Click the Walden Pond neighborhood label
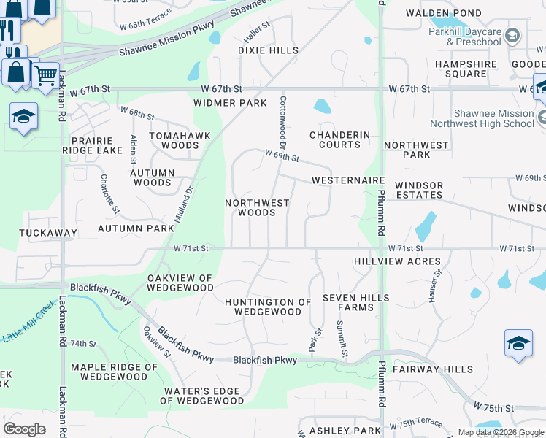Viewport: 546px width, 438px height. click(444, 13)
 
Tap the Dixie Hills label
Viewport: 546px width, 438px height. click(268, 50)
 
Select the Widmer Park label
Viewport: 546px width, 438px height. click(230, 103)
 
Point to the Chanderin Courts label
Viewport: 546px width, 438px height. click(339, 139)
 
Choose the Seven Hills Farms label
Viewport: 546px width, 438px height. click(355, 302)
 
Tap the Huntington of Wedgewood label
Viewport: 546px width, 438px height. click(268, 307)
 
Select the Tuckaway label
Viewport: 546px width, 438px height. click(49, 233)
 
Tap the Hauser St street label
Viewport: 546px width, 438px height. click(437, 285)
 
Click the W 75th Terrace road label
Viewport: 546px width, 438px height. click(415, 424)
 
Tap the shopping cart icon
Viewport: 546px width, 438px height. click(45, 74)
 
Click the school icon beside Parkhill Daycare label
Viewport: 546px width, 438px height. click(513, 35)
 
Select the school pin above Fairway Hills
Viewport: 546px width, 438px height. click(518, 342)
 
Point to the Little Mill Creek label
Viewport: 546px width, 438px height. click(29, 331)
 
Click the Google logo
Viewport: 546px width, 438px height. click(24, 429)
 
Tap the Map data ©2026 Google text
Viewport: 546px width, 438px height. click(500, 432)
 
